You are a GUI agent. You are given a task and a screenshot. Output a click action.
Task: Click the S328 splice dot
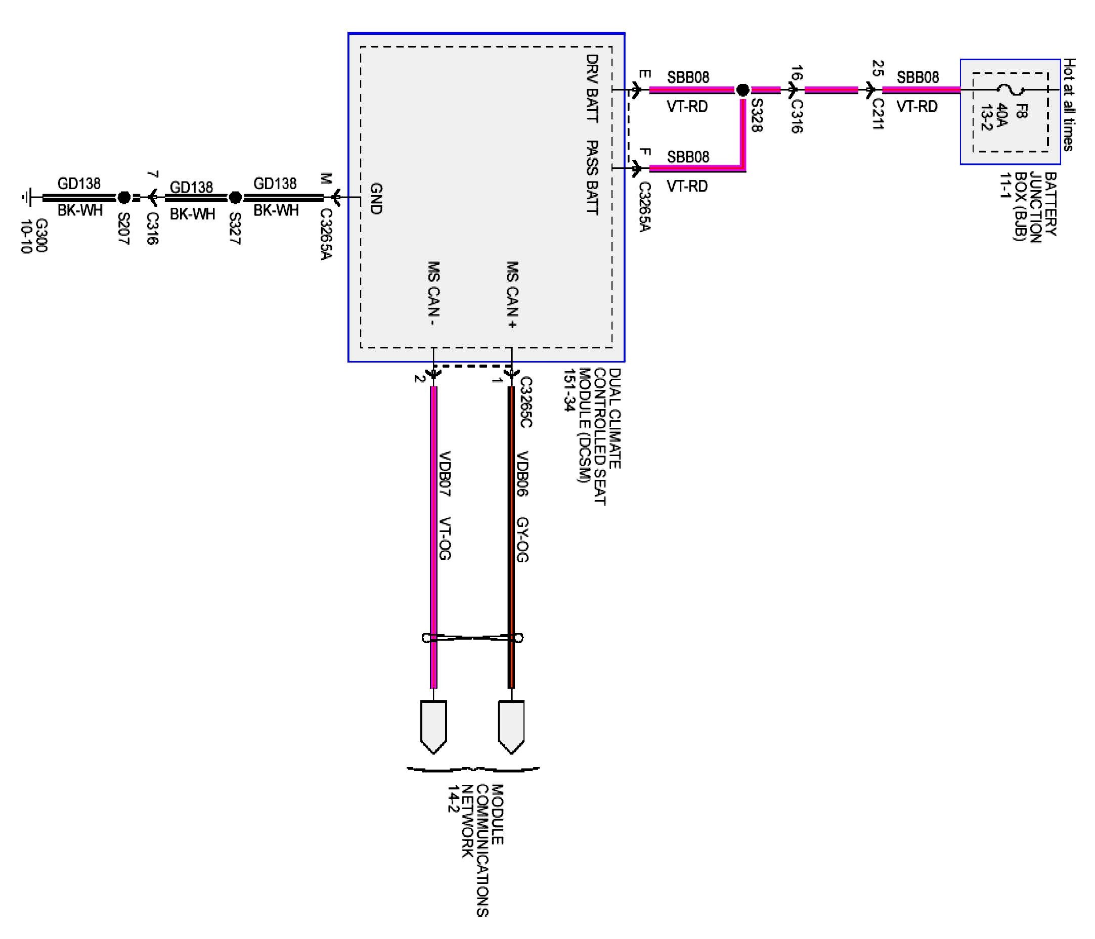pos(742,90)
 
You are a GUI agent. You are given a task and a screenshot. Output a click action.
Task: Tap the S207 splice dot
pos(124,198)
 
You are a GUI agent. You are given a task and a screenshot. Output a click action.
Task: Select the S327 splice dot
pos(235,198)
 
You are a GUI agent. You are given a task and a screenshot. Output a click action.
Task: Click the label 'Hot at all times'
pos(1069,105)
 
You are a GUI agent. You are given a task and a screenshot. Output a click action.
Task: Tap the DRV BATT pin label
pos(592,88)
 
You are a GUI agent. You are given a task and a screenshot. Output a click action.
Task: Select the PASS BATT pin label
pos(592,177)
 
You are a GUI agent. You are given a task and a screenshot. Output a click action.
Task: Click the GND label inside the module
pos(376,199)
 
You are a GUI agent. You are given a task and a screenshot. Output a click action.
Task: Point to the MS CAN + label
pos(512,295)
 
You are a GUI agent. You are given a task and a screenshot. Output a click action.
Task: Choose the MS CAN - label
pos(434,294)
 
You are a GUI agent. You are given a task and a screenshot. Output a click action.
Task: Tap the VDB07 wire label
pos(445,473)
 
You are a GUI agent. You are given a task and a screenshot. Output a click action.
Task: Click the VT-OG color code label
pos(445,538)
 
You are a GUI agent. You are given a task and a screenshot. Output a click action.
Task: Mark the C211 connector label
pos(878,114)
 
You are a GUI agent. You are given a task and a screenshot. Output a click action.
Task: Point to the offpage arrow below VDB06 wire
pos(511,727)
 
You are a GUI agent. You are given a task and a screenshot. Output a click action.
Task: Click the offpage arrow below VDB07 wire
pos(433,727)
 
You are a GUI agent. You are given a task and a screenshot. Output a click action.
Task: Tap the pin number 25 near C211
pos(878,68)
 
